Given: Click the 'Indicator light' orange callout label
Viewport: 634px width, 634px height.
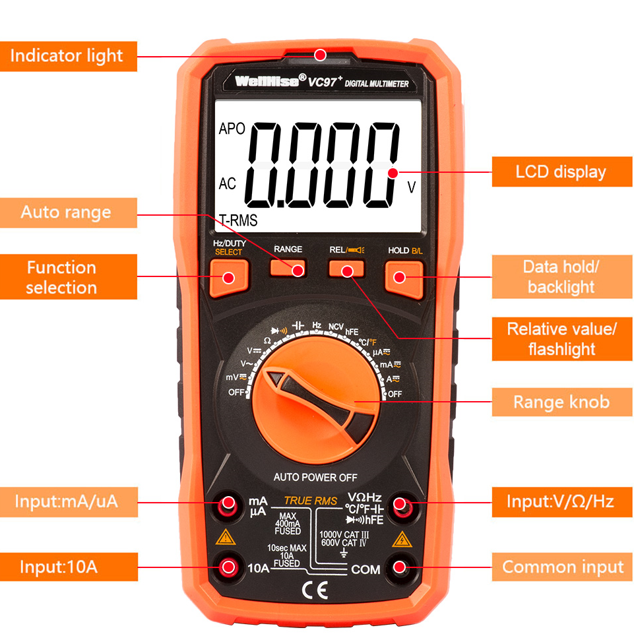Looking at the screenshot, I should coord(68,55).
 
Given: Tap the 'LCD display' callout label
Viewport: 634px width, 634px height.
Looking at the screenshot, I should coord(561,172).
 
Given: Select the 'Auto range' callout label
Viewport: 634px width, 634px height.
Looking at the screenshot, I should coord(68,212).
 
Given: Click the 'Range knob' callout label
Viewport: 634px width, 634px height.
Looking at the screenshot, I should coord(561,402).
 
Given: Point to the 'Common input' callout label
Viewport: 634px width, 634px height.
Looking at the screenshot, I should coord(562,567).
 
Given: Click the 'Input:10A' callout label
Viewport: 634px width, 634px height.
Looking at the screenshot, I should coord(68,567).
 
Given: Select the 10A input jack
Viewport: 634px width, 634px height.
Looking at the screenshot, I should coord(229,567).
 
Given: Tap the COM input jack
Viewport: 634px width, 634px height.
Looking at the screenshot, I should coord(400,567).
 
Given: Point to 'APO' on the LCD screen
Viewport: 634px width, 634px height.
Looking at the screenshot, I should coord(232,129).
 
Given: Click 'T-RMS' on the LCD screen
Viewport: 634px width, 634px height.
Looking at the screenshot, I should coord(238,221).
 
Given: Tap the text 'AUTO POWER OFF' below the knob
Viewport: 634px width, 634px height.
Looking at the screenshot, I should coord(315,477).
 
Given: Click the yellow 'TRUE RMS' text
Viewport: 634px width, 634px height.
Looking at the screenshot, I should coord(311,501).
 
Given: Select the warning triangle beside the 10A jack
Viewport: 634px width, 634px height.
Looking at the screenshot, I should coord(226,536).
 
